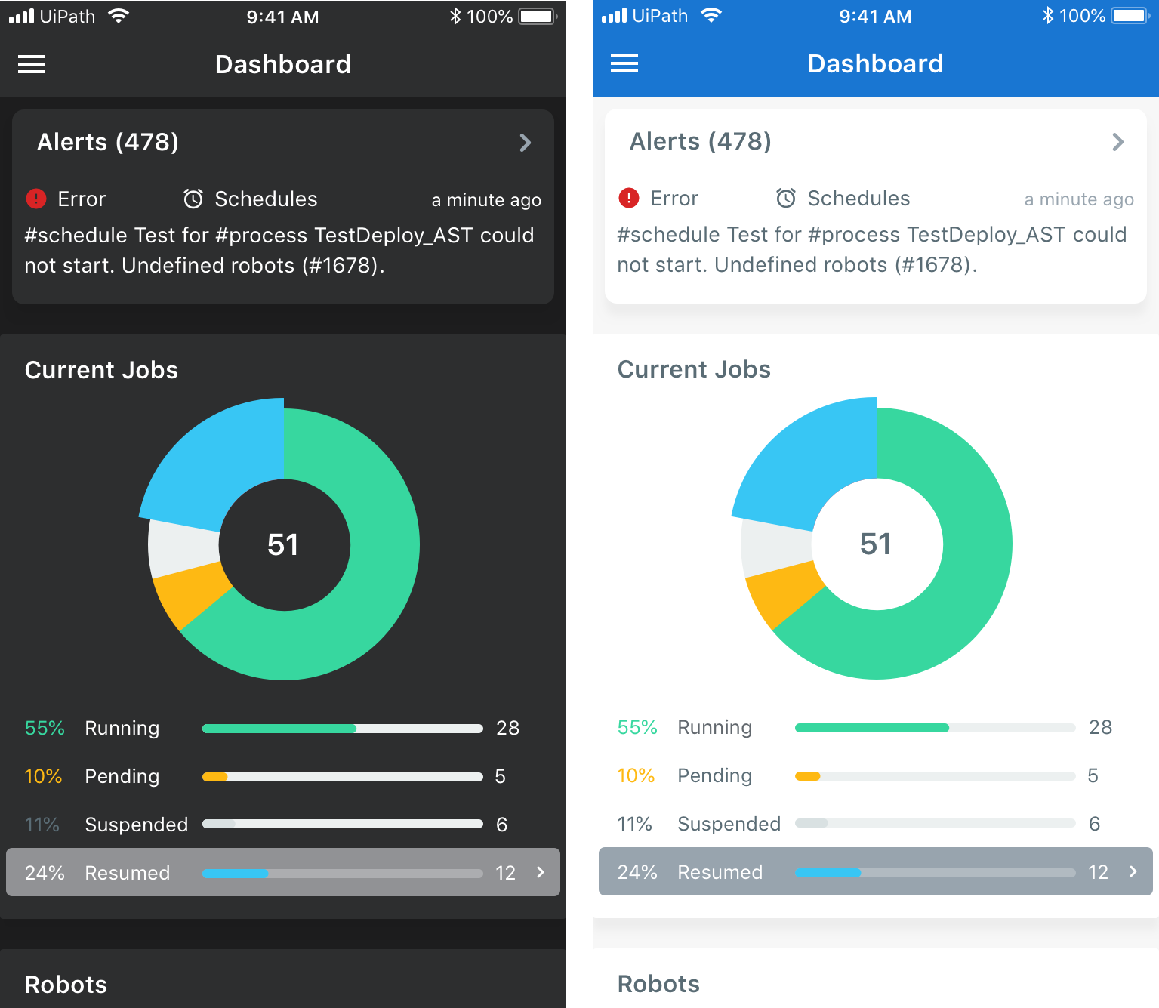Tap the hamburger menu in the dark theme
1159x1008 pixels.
32,65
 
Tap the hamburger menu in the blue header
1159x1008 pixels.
624,64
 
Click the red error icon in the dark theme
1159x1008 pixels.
36,199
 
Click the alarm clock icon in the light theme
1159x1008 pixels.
786,198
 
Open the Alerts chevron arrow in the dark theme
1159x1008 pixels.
526,143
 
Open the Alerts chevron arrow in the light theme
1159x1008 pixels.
1118,142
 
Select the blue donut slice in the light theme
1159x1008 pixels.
800,461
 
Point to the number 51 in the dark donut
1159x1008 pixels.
283,544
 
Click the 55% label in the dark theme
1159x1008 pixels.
45,728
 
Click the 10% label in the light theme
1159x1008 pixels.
636,775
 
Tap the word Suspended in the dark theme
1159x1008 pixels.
136,825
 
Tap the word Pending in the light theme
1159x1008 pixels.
714,775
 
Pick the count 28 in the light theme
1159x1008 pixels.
1100,727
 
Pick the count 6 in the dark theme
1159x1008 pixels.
501,825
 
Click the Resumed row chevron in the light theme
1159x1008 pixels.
1133,871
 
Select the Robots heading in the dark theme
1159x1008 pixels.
66,985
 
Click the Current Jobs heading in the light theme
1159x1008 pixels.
694,369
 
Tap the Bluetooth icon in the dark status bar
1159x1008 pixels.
455,16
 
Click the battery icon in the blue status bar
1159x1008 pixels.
1130,16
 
